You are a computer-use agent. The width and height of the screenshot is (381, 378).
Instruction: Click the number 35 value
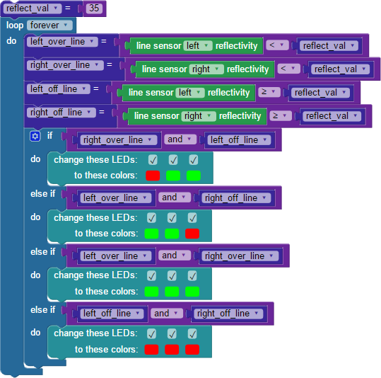coord(94,8)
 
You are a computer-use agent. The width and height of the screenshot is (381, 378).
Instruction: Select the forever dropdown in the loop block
coord(49,25)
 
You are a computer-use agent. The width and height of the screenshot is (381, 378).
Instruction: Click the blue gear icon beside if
coord(35,136)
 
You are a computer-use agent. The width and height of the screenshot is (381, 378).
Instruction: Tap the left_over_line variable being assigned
coord(62,42)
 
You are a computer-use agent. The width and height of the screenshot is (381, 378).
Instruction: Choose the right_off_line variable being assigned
coord(61,113)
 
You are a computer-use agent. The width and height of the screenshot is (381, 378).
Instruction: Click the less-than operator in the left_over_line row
coord(277,45)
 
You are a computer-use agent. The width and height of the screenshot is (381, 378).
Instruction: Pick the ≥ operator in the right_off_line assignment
coord(281,115)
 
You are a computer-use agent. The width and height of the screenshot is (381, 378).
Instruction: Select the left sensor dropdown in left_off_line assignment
coord(189,93)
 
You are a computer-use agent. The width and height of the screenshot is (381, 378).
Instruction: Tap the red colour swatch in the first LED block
coord(153,176)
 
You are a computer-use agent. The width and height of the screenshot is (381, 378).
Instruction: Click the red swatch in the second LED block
coord(192,234)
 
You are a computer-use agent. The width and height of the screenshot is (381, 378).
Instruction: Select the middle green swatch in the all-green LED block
coord(172,292)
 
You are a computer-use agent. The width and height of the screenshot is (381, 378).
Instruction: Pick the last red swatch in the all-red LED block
coord(192,350)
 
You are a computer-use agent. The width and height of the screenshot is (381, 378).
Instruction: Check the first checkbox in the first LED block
coord(153,160)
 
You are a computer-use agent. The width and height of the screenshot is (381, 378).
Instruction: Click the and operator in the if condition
coord(180,139)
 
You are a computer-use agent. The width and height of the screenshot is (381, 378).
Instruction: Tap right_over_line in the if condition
coord(119,140)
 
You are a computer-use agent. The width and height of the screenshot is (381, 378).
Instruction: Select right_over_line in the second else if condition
coord(240,256)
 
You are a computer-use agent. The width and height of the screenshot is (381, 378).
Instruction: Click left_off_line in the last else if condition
coord(112,314)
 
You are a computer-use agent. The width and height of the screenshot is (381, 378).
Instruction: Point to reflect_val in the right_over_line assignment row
coord(340,69)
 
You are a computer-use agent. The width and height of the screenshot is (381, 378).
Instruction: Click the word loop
coord(15,25)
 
